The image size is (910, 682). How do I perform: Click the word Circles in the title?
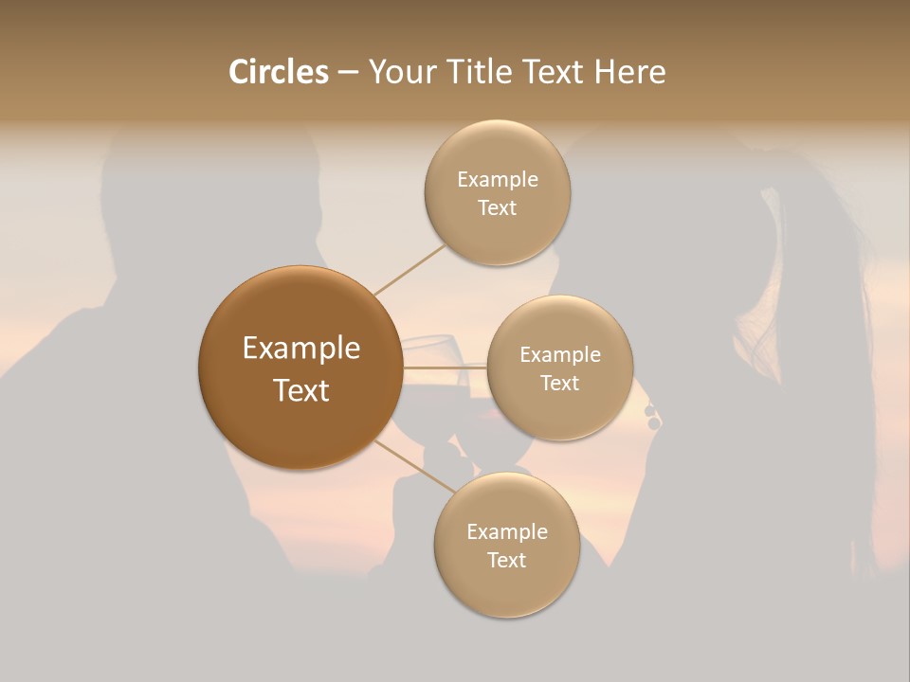click(x=279, y=72)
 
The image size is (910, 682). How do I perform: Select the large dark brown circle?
click(x=300, y=368)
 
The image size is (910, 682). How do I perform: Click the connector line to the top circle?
click(x=409, y=269)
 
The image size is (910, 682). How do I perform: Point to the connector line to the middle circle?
click(x=445, y=368)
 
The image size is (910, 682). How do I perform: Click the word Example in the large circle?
click(x=301, y=349)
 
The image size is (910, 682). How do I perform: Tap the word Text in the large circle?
click(x=301, y=390)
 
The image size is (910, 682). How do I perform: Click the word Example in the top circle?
click(x=498, y=180)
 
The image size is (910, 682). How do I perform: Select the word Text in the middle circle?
click(x=559, y=384)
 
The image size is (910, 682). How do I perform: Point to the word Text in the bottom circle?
click(x=506, y=561)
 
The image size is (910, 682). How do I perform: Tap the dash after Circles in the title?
click(x=347, y=72)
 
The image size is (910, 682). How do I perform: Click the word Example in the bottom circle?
click(x=507, y=532)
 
